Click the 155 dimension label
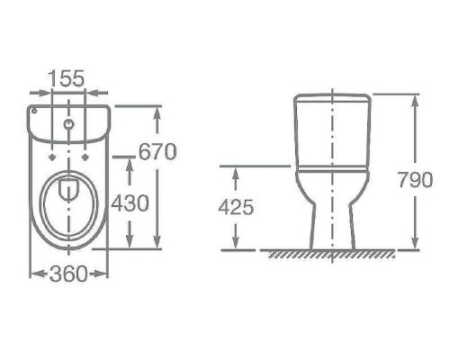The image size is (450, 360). coord(67,78)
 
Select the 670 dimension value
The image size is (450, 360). coord(157,151)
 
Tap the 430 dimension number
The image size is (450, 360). coord(130,203)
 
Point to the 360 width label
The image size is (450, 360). coord(68,274)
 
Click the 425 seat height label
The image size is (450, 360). coord(236,207)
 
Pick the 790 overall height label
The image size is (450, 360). coord(416,180)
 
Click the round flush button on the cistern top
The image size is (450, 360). coord(69,124)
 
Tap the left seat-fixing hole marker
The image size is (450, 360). coord(53,157)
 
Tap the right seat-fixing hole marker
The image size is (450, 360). coord(86,157)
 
